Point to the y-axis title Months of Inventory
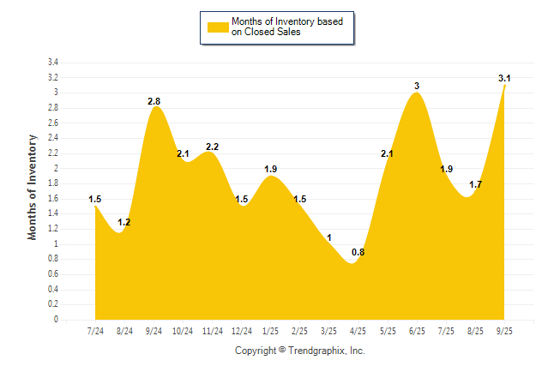click(33, 186)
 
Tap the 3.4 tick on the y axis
click(52, 63)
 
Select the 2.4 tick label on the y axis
click(52, 138)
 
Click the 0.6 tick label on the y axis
click(52, 274)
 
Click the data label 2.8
click(154, 101)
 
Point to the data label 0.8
click(358, 252)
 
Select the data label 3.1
click(504, 79)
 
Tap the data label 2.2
click(213, 147)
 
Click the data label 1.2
click(124, 222)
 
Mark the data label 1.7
click(475, 184)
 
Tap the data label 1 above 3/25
click(329, 237)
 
